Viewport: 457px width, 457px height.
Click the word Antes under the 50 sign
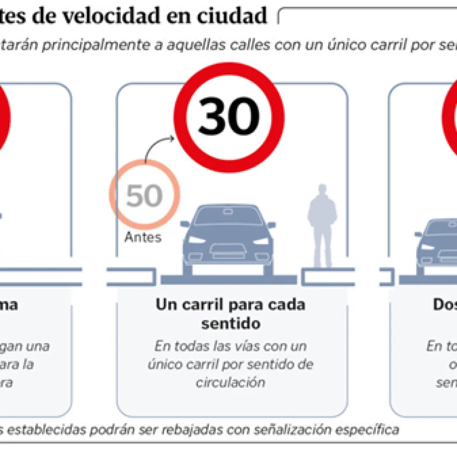pyautogui.click(x=143, y=237)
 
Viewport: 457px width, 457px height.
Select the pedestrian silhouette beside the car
pyautogui.click(x=322, y=224)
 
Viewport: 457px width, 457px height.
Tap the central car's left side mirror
pyautogui.click(x=185, y=224)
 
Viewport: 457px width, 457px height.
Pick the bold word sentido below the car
pyautogui.click(x=231, y=324)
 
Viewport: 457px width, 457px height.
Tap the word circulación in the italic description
pyautogui.click(x=231, y=382)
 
